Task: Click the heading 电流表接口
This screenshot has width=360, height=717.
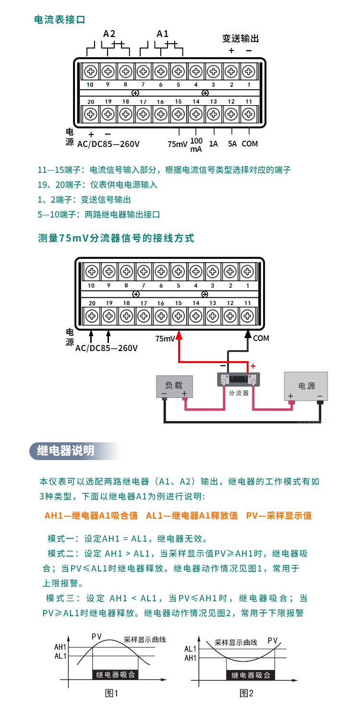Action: (60, 20)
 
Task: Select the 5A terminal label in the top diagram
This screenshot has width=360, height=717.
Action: (232, 143)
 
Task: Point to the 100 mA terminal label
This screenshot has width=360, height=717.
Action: (196, 145)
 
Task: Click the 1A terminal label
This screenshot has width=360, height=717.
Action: (214, 143)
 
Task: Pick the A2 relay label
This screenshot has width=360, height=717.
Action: (109, 34)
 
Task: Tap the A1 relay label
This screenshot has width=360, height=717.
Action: (163, 34)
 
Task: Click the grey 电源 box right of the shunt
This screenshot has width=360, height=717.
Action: (306, 385)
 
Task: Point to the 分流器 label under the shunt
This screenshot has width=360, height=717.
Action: (239, 392)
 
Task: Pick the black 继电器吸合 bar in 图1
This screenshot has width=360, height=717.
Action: (115, 674)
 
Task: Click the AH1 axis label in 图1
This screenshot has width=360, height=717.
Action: (60, 647)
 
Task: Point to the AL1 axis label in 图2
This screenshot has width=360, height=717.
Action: (191, 649)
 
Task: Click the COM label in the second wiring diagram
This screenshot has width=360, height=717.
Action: (261, 338)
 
